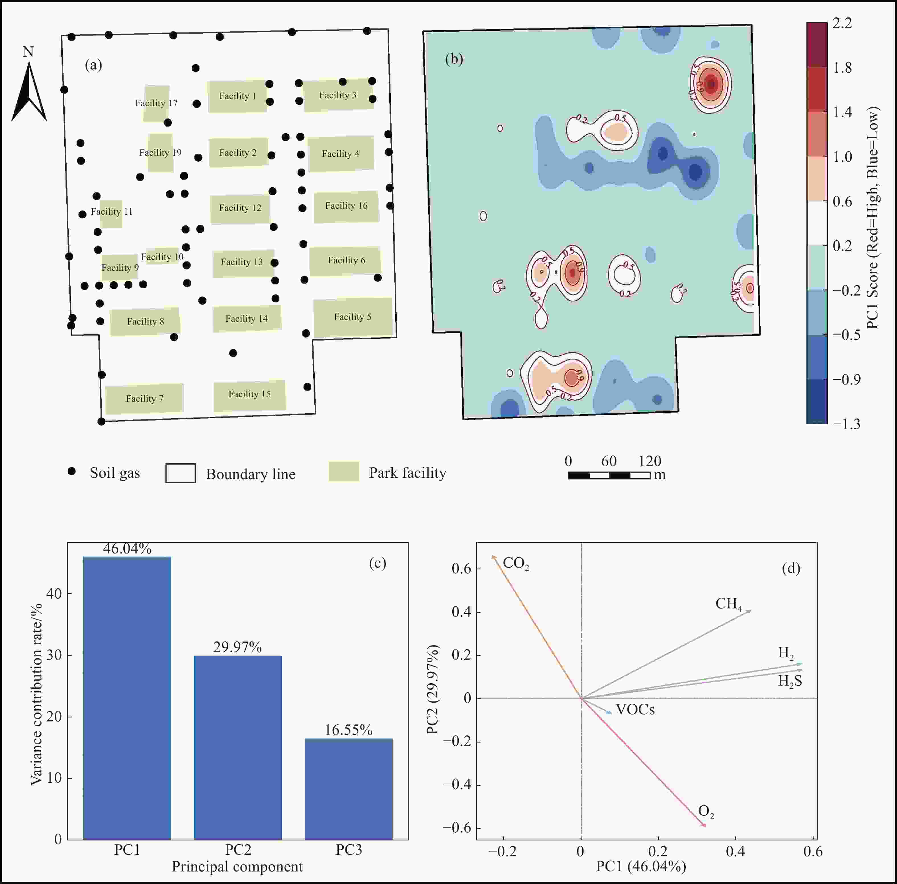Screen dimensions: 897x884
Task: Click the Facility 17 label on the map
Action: click(156, 103)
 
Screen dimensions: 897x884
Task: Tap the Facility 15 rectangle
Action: click(250, 396)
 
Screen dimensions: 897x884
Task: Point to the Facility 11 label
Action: click(111, 212)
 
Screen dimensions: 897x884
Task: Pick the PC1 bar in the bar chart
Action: click(127, 698)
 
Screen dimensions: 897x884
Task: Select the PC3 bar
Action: click(349, 789)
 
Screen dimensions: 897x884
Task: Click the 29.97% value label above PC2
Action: click(238, 647)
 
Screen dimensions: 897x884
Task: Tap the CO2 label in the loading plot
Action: click(516, 564)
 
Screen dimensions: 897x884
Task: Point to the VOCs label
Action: click(635, 709)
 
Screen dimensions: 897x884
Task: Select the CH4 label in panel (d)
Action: click(728, 604)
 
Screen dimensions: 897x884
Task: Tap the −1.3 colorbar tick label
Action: click(846, 424)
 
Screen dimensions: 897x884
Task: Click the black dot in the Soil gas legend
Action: click(71, 471)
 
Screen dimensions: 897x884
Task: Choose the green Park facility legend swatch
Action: click(344, 472)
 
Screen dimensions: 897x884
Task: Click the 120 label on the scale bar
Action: click(650, 461)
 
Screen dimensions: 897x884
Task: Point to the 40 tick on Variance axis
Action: click(54, 593)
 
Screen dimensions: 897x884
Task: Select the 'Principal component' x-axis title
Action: click(237, 866)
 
